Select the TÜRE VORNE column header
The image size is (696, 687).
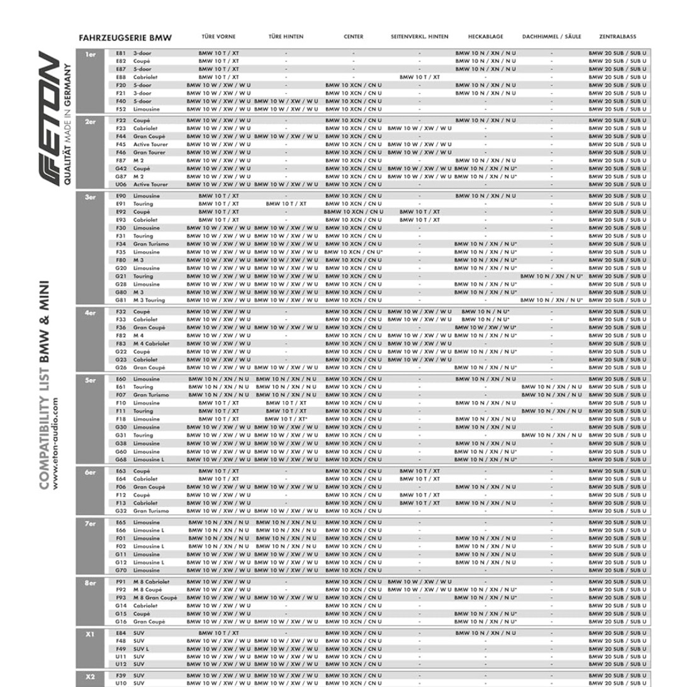click(218, 37)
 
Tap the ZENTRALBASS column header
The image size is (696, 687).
click(617, 37)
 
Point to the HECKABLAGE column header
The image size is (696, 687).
click(485, 37)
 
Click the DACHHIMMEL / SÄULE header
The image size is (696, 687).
click(551, 37)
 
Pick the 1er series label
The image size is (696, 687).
click(91, 54)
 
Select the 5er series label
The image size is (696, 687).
click(91, 380)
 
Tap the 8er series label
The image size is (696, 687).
click(91, 582)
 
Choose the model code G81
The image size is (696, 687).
click(121, 300)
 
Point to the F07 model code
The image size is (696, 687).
click(121, 395)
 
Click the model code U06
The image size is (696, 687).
click(121, 185)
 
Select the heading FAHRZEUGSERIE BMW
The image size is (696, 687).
click(125, 38)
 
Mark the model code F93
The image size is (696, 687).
click(121, 598)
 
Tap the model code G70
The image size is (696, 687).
click(121, 571)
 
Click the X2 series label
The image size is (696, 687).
click(91, 676)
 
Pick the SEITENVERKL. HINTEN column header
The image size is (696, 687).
click(419, 37)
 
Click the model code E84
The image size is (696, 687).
click(121, 633)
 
